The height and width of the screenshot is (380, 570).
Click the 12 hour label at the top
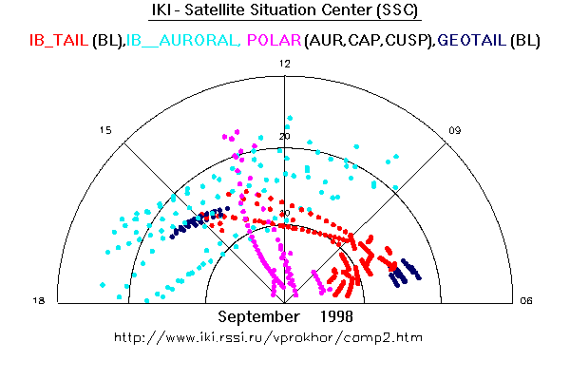pyautogui.click(x=284, y=63)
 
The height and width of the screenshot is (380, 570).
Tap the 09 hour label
pyautogui.click(x=456, y=130)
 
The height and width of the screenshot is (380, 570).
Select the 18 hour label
pyautogui.click(x=40, y=301)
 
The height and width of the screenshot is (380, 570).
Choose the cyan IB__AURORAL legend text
pyautogui.click(x=181, y=40)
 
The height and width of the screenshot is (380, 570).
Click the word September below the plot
pyautogui.click(x=256, y=315)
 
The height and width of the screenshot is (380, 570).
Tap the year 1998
pyautogui.click(x=340, y=315)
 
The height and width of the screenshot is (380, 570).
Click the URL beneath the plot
pyautogui.click(x=267, y=337)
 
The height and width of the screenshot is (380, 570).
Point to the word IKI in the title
pyautogui.click(x=165, y=11)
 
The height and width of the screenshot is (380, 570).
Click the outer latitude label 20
pyautogui.click(x=284, y=137)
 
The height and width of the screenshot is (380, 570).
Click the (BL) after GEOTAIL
pyautogui.click(x=525, y=40)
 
